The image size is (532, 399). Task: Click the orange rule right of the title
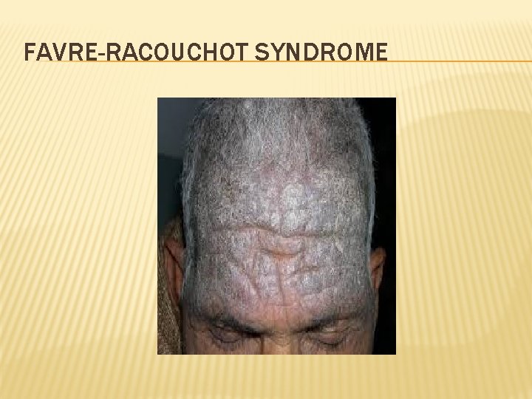pyautogui.click(x=458, y=61)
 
